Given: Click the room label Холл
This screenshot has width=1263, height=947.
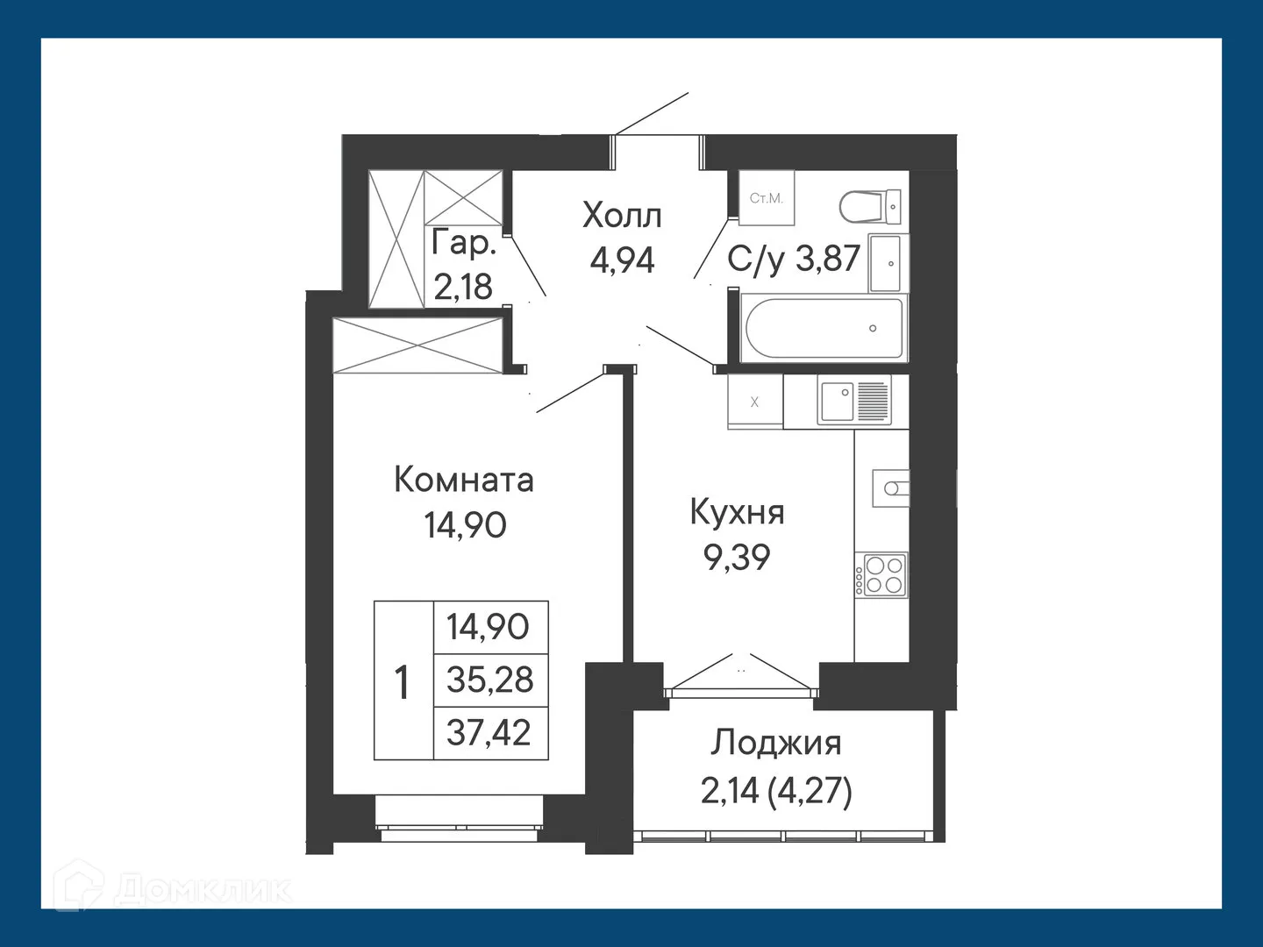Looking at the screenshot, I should click(x=622, y=215).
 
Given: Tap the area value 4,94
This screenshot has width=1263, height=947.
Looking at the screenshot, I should click(x=622, y=260).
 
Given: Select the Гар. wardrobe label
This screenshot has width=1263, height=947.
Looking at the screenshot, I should click(x=463, y=243).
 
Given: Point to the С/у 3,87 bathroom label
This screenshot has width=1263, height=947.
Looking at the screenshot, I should click(x=794, y=259).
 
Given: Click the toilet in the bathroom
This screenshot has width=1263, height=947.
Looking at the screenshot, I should click(x=869, y=207).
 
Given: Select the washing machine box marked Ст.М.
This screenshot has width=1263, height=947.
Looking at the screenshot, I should click(x=766, y=199).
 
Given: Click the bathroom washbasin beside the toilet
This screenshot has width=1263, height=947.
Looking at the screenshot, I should click(x=888, y=262).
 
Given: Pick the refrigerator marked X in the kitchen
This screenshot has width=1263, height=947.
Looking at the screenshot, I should click(x=755, y=402).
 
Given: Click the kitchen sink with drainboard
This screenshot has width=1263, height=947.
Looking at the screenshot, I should click(x=853, y=400).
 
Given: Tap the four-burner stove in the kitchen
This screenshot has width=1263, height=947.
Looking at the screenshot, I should click(x=885, y=574).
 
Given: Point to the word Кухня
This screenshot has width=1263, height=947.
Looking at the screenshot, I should click(x=737, y=512).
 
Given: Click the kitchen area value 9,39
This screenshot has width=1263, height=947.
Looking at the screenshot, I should click(x=737, y=557).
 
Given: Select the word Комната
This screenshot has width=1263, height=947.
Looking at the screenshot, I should click(x=463, y=480).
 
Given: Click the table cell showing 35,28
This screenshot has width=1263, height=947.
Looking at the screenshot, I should click(x=489, y=680).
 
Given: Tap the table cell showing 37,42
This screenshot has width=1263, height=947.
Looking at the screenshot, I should click(x=489, y=732).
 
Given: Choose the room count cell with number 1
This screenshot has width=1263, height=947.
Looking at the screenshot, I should click(x=403, y=681).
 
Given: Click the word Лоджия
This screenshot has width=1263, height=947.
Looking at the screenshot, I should click(x=775, y=743).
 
